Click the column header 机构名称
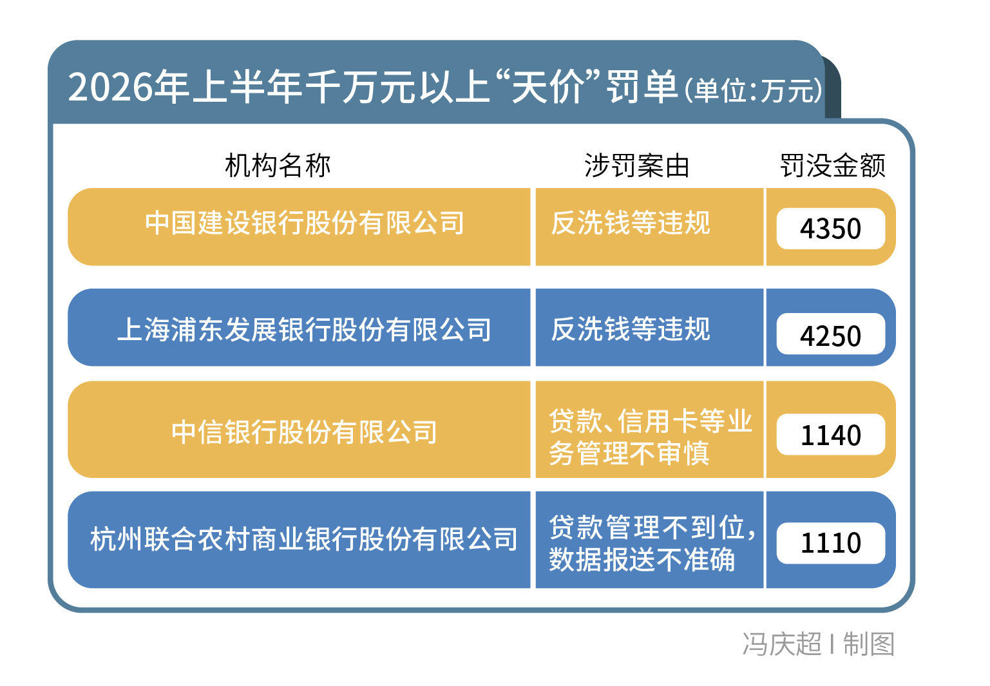(x=278, y=166)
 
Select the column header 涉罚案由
(x=637, y=166)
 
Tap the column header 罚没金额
(x=833, y=166)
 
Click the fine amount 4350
(x=830, y=229)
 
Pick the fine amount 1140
(x=831, y=435)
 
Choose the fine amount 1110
(x=831, y=543)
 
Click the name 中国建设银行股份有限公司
(x=305, y=223)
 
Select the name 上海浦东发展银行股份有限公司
(x=304, y=330)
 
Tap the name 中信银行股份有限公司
(x=304, y=432)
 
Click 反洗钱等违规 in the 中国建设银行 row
(x=630, y=223)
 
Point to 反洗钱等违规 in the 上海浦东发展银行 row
(x=630, y=329)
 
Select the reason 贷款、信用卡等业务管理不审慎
(x=651, y=437)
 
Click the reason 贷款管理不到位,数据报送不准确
(x=652, y=543)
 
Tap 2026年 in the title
(x=129, y=86)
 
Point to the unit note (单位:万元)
(x=753, y=91)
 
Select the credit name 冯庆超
(x=782, y=643)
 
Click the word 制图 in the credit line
(x=869, y=643)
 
